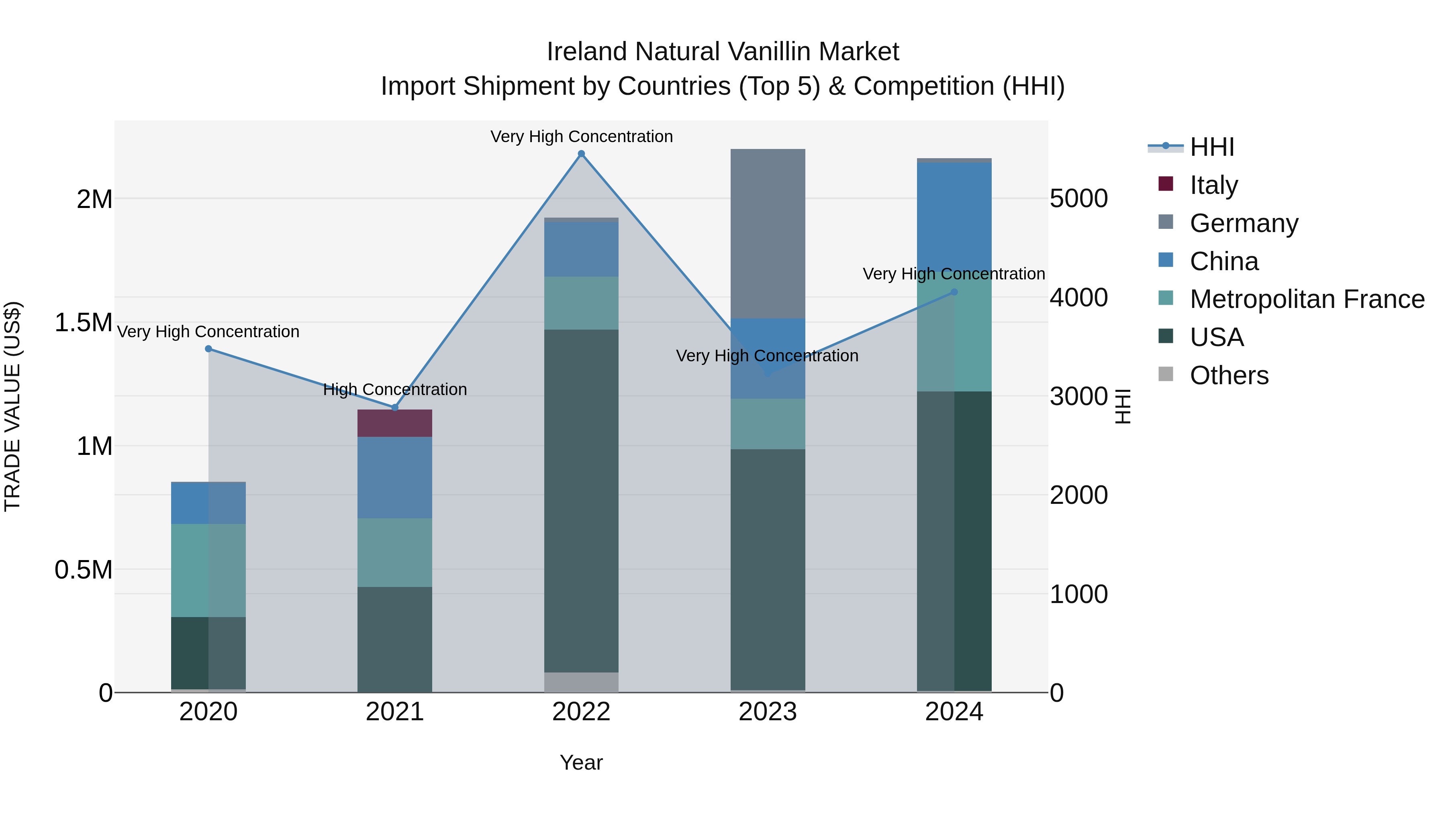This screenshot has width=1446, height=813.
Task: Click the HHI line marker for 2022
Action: [582, 154]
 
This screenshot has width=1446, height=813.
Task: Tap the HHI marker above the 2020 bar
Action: [208, 348]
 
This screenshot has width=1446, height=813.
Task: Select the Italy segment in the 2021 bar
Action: [394, 424]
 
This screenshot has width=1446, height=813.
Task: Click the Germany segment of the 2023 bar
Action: [768, 233]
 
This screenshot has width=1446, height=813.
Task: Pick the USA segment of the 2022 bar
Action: [582, 501]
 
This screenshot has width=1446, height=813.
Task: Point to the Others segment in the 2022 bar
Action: [582, 682]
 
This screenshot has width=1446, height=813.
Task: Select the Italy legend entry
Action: [1213, 185]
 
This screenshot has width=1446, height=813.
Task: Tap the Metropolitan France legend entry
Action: [1307, 299]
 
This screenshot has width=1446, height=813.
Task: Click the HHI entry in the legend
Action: [1211, 147]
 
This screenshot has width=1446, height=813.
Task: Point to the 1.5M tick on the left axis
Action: [84, 323]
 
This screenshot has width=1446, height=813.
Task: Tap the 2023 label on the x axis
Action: [768, 712]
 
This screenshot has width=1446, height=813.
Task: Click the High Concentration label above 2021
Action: [394, 389]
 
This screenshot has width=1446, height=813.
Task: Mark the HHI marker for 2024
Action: [954, 292]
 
